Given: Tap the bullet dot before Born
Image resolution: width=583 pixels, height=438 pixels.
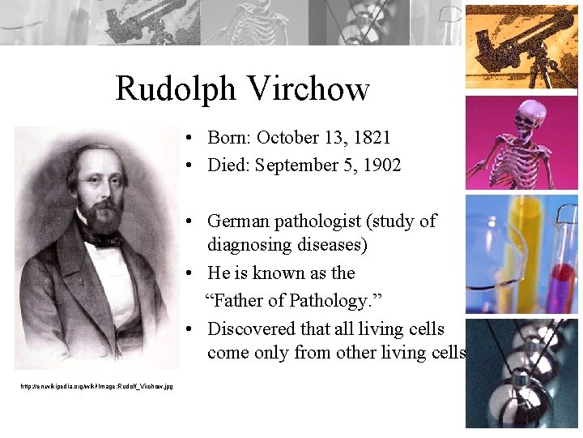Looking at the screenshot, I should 187,139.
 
